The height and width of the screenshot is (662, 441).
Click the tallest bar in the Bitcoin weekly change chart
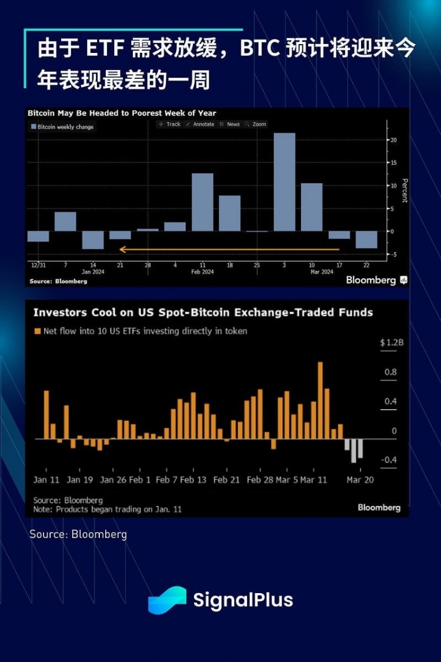click(x=284, y=182)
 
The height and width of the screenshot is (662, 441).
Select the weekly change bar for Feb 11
click(x=202, y=202)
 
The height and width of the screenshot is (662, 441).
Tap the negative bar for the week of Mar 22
click(x=366, y=239)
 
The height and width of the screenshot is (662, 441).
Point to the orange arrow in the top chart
click(x=229, y=250)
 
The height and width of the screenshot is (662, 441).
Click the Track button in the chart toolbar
click(x=170, y=124)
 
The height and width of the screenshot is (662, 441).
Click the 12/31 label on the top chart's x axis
click(x=37, y=265)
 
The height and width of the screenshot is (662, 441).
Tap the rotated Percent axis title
click(x=405, y=190)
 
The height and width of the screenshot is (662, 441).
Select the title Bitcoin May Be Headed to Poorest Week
click(x=122, y=113)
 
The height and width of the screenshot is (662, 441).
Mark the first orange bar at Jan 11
click(x=46, y=414)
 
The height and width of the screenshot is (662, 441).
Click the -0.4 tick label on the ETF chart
click(x=388, y=460)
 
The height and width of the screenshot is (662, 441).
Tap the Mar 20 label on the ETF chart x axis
click(x=360, y=480)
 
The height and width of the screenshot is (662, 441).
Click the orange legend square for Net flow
click(x=37, y=331)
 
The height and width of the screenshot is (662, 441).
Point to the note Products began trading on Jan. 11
click(x=107, y=509)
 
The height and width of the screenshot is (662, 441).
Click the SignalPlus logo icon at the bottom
click(x=167, y=600)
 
